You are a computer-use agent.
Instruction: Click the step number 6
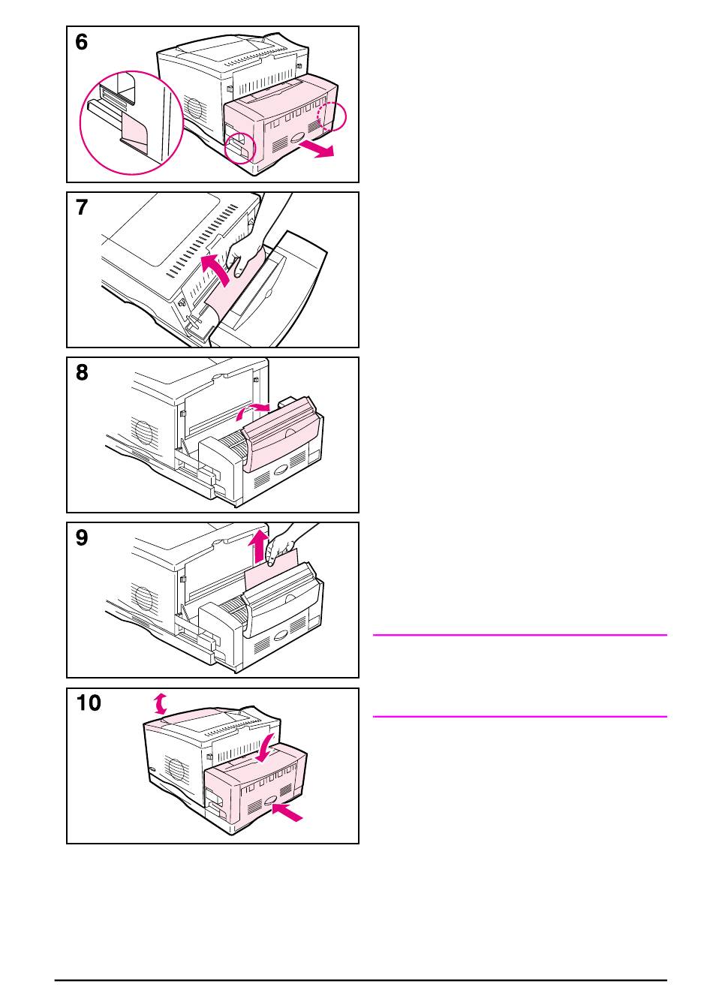(x=82, y=43)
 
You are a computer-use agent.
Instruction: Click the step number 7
(x=82, y=208)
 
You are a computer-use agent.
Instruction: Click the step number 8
(x=82, y=373)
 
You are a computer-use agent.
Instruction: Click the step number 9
(x=82, y=538)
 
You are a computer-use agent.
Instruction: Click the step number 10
(x=89, y=703)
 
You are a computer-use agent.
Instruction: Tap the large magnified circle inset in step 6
(x=132, y=122)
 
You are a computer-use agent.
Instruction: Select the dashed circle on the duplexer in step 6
(x=332, y=116)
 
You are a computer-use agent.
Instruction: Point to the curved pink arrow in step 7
(x=216, y=271)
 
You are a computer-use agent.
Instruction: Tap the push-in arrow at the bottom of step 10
(x=289, y=811)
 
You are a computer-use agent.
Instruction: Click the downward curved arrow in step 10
(x=265, y=746)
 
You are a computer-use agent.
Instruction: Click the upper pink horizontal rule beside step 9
(x=519, y=635)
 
